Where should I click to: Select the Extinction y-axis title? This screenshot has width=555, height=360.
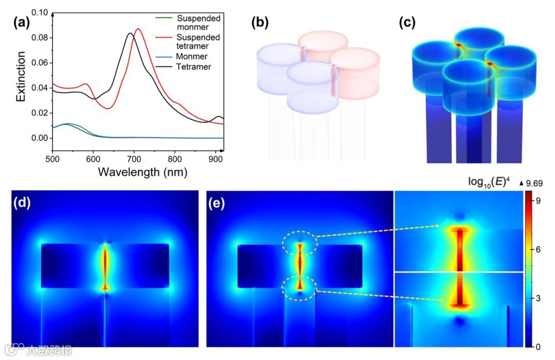20,76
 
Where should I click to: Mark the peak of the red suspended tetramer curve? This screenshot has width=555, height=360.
138,29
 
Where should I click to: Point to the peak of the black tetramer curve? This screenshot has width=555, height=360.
130,33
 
